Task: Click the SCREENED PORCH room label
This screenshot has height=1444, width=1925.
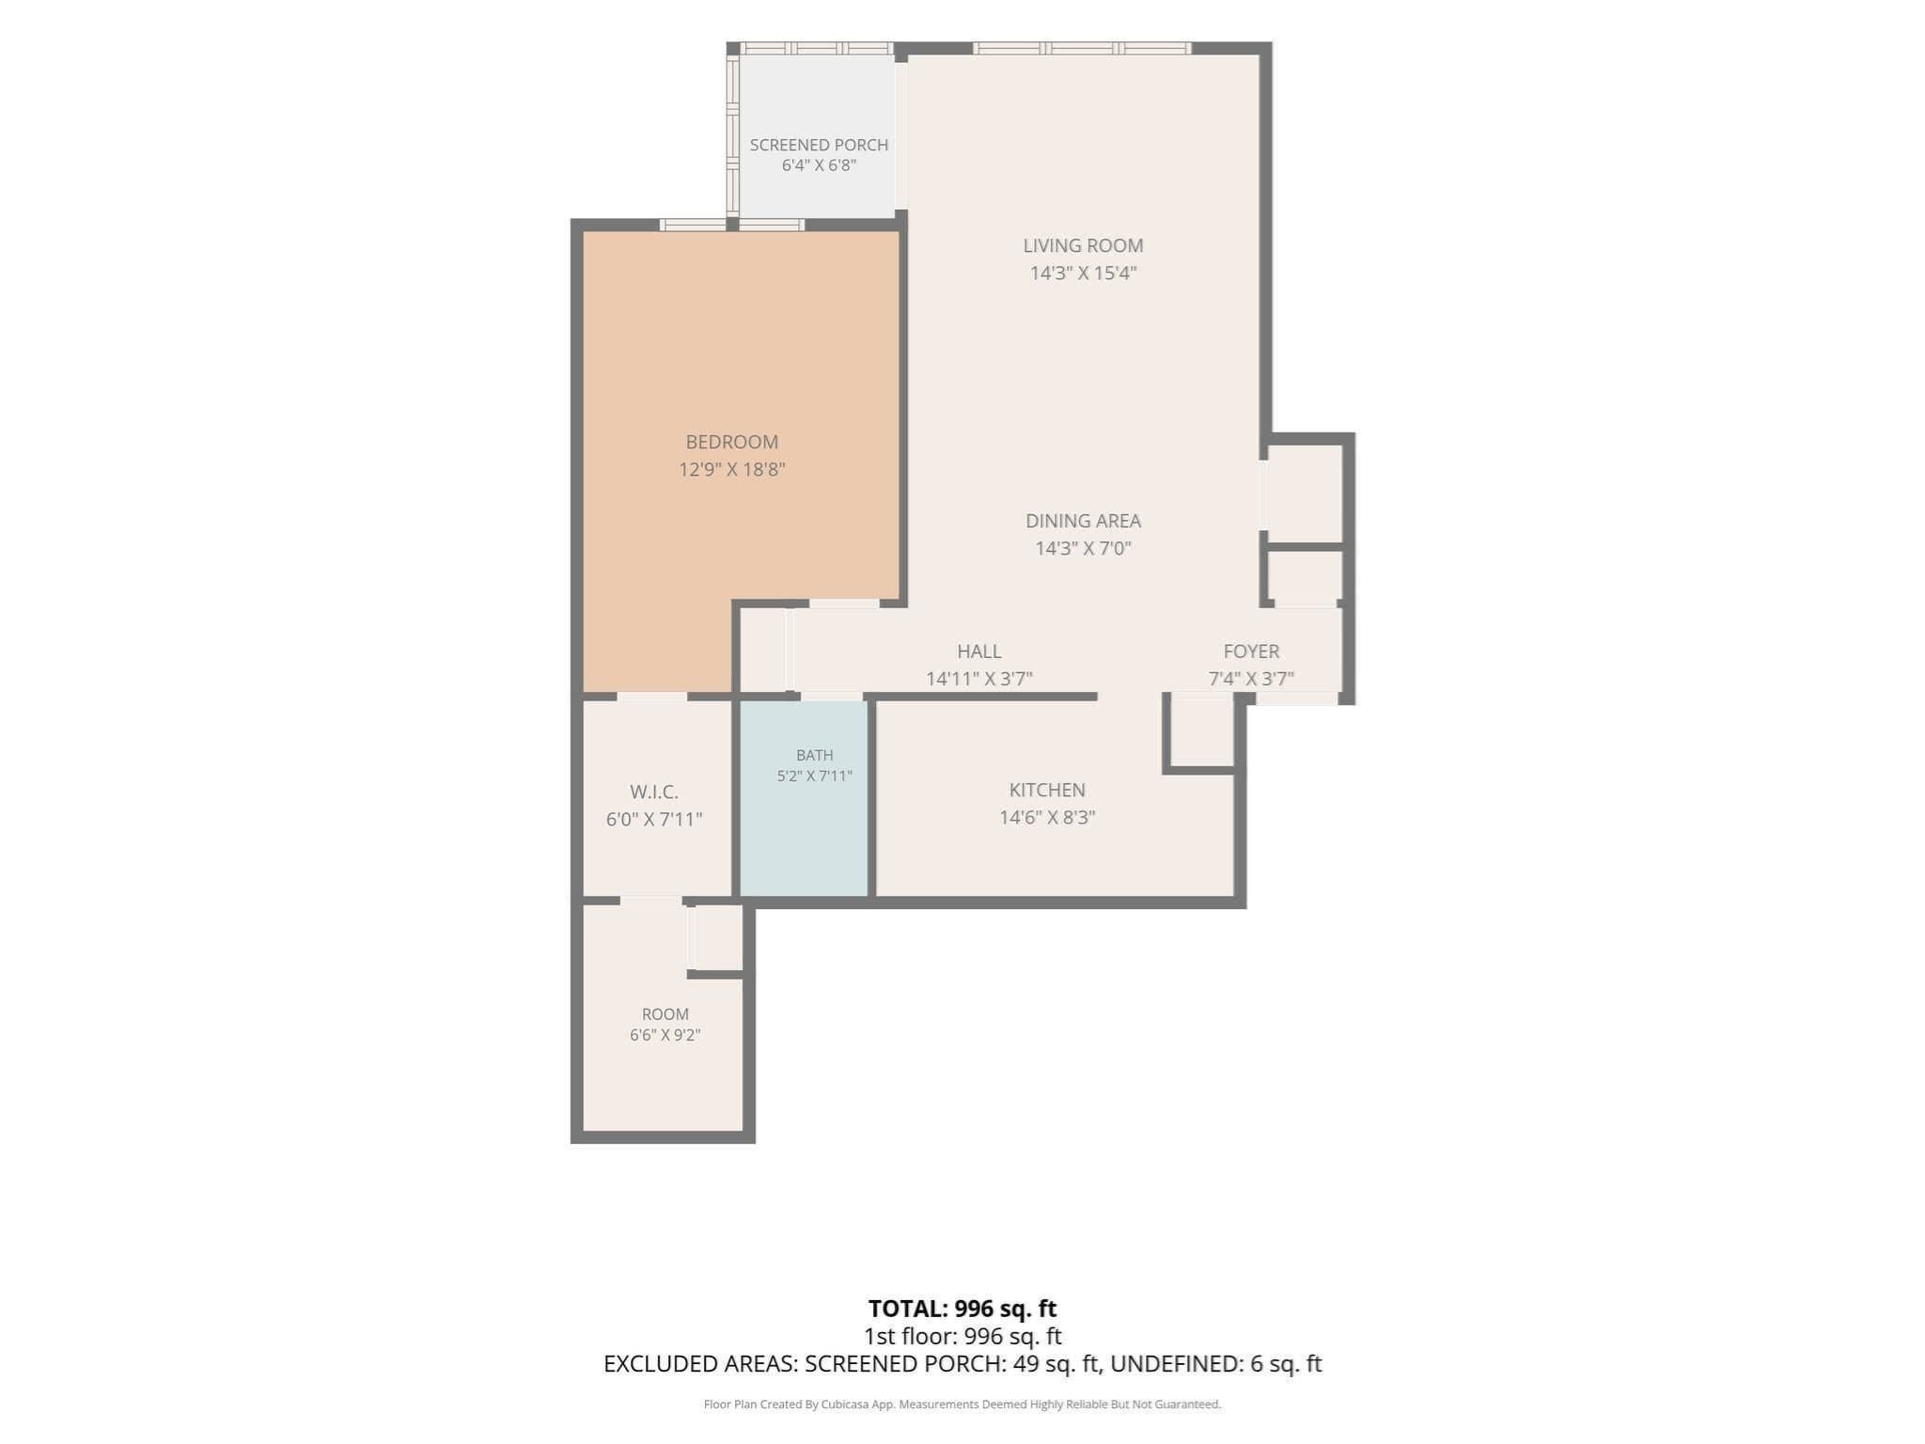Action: point(819,145)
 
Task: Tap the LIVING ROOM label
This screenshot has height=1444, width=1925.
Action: point(1083,245)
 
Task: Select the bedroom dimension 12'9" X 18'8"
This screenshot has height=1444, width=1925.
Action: point(732,469)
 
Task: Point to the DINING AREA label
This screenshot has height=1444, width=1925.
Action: point(1083,521)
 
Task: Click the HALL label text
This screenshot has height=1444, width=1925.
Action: point(978,651)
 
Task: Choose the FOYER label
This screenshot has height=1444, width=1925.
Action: point(1251,651)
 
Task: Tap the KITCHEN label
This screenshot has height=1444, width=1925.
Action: point(1047,791)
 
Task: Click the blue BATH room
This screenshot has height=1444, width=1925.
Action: point(804,798)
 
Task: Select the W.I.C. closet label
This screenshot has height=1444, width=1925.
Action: point(654,793)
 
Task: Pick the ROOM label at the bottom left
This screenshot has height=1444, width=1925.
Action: point(665,1014)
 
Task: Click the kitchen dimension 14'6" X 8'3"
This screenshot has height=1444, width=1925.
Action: point(1047,818)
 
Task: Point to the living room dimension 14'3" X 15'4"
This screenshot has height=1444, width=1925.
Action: point(1083,274)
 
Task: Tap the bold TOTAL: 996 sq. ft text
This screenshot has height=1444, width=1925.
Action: point(962,1309)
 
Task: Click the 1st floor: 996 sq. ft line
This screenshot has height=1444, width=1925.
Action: point(962,1336)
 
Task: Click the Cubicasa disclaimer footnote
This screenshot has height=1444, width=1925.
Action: point(962,1405)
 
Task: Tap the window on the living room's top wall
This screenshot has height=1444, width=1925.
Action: point(1082,48)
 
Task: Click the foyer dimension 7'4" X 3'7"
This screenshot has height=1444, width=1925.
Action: point(1251,679)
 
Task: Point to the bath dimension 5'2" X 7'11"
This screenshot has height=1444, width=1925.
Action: point(814,777)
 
